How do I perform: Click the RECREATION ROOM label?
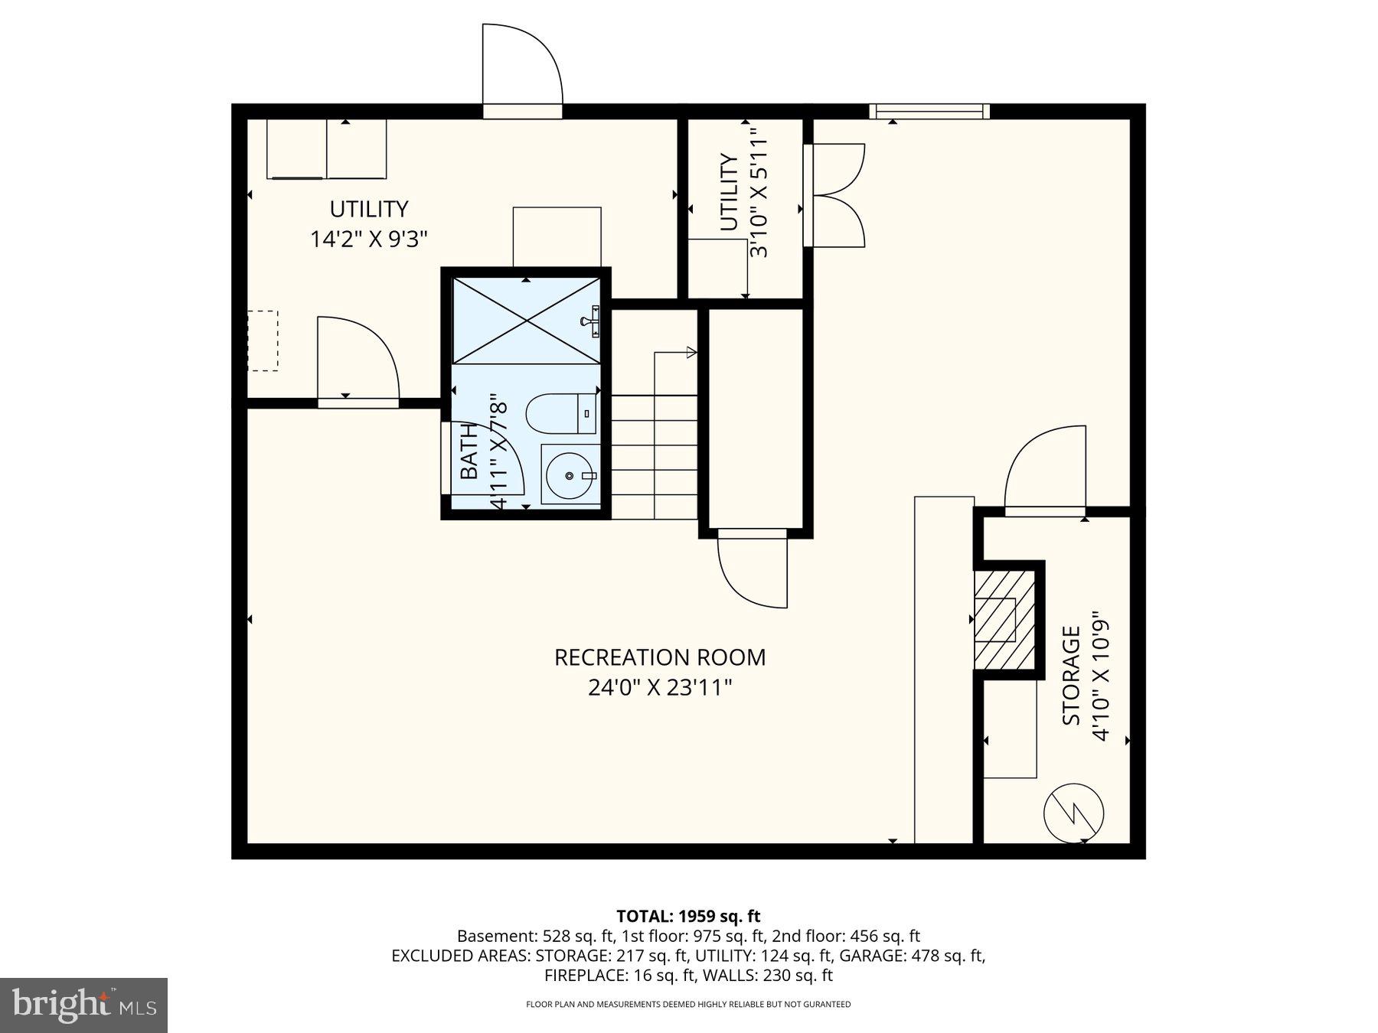(659, 657)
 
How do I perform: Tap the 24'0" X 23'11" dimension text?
(659, 687)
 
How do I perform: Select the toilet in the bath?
(561, 413)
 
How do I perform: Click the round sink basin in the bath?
(570, 475)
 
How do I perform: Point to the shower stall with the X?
(526, 321)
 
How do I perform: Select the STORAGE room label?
(1071, 676)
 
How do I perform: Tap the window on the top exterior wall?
(929, 112)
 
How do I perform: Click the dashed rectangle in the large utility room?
(263, 341)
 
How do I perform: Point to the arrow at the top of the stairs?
(691, 352)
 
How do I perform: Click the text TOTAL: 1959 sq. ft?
(688, 916)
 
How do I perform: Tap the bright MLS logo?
(83, 1005)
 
